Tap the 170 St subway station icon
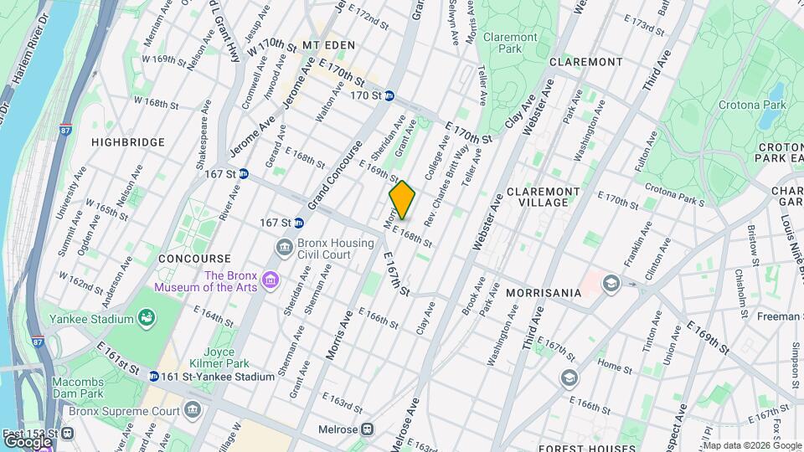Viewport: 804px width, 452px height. point(389,96)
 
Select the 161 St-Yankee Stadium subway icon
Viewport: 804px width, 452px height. point(154,377)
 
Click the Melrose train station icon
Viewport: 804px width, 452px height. point(367,428)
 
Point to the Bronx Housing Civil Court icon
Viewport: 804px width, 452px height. point(285,247)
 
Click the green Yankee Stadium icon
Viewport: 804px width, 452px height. point(147,318)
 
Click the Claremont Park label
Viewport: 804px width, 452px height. point(510,44)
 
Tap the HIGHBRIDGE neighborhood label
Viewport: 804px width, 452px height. point(128,143)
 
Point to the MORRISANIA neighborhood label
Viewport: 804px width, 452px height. point(544,293)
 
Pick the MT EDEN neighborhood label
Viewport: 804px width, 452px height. point(329,44)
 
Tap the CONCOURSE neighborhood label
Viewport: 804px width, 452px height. point(193,259)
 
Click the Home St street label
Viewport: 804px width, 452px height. point(614,367)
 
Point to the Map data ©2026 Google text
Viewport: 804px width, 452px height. point(741,444)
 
